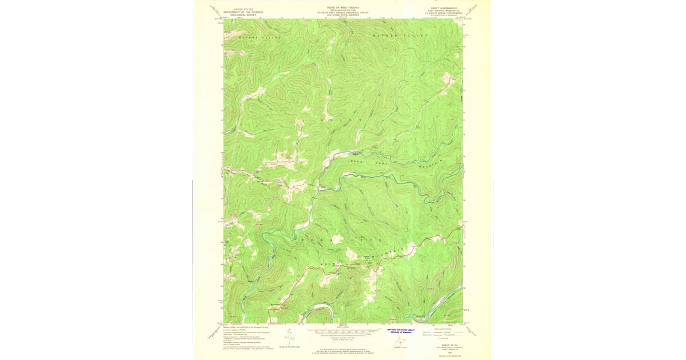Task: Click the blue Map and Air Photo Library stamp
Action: [x=400, y=331]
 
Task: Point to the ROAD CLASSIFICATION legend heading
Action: [x=446, y=330]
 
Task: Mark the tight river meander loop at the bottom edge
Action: [x=317, y=314]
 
